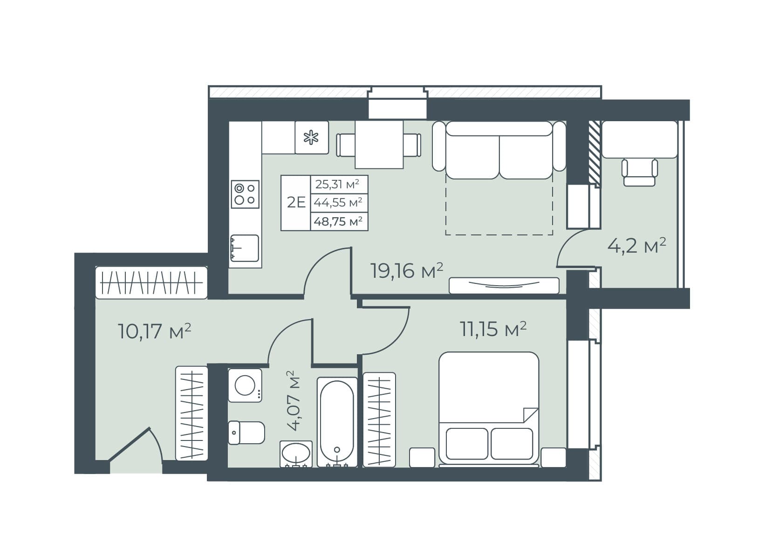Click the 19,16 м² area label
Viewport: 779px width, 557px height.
(x=407, y=271)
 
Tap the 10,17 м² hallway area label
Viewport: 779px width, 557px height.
(x=154, y=331)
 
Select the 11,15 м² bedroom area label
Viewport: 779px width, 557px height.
(x=493, y=329)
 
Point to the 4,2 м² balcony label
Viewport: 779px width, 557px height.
(x=637, y=246)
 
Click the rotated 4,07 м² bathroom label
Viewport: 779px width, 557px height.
(x=294, y=401)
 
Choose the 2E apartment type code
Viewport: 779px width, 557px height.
(x=296, y=202)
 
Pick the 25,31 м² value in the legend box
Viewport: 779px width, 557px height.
(x=337, y=184)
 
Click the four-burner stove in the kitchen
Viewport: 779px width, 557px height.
(x=245, y=194)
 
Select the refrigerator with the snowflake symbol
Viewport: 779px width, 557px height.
(x=312, y=138)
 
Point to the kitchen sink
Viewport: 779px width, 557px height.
(x=245, y=248)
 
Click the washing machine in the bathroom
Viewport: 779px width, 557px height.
(x=245, y=385)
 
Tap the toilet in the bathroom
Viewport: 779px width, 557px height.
(x=246, y=433)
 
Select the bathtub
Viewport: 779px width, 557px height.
(x=337, y=422)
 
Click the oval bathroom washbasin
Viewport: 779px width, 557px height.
(x=296, y=454)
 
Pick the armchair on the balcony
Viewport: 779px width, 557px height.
(x=640, y=172)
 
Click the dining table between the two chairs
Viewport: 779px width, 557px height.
(x=379, y=145)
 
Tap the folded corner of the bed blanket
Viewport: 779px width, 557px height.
(x=530, y=415)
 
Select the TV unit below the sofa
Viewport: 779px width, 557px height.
(x=504, y=286)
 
